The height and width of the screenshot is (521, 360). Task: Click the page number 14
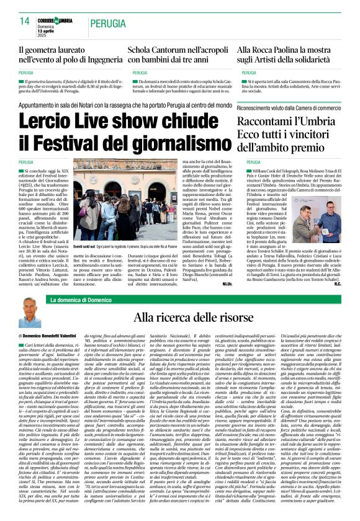[x=25, y=21]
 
